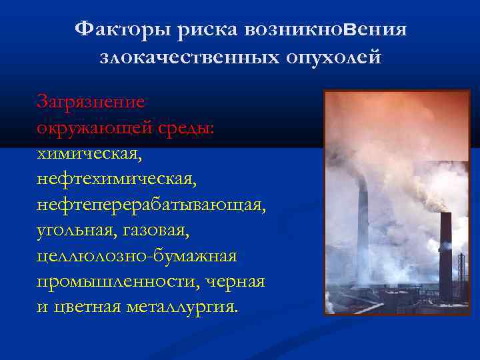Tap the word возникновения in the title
[x=325, y=29]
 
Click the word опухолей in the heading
[x=331, y=57]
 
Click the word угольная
[x=73, y=230]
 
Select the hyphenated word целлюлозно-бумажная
[x=137, y=256]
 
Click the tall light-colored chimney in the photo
[x=363, y=227]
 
